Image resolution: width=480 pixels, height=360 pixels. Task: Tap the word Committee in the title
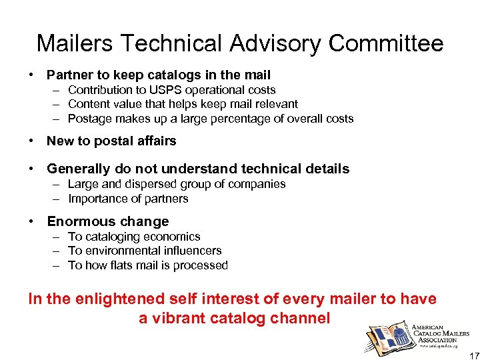coord(386,43)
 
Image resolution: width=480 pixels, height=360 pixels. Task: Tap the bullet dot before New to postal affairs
coord(32,141)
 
